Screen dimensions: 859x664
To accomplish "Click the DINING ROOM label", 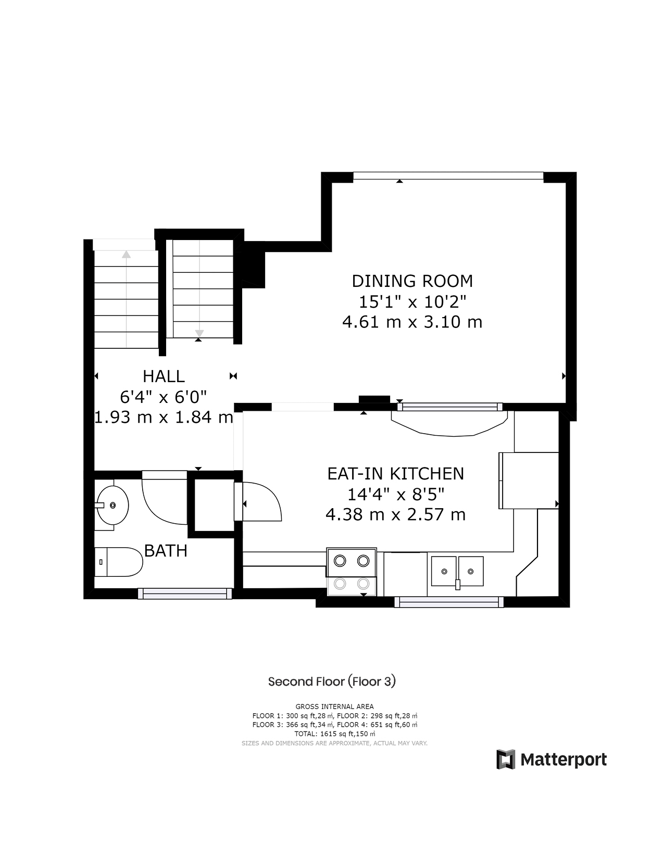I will point(412,281).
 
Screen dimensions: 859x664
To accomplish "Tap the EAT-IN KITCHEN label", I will point(395,474).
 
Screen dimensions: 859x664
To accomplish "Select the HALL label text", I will point(164,376).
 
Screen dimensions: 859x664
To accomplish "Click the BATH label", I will point(166,551).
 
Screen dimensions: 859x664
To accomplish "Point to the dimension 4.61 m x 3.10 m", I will point(412,322).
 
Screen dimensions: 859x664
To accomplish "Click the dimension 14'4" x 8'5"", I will point(395,494).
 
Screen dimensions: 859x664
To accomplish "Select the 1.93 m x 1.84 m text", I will point(164,417).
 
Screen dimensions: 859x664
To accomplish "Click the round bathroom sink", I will point(112,505).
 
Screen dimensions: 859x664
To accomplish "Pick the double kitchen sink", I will point(457,571).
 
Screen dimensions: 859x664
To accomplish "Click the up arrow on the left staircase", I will point(126,255).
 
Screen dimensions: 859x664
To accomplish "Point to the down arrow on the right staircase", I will point(199,333).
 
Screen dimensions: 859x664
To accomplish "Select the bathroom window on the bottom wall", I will point(185,593).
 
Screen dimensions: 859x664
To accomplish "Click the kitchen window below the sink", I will point(449,602).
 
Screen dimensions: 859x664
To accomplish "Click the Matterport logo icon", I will point(505,760).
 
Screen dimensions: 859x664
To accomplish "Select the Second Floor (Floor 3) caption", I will point(332,681).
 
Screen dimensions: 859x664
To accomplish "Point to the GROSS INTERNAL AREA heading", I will point(334,706).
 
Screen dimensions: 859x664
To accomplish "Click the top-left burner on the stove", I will point(340,561).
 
